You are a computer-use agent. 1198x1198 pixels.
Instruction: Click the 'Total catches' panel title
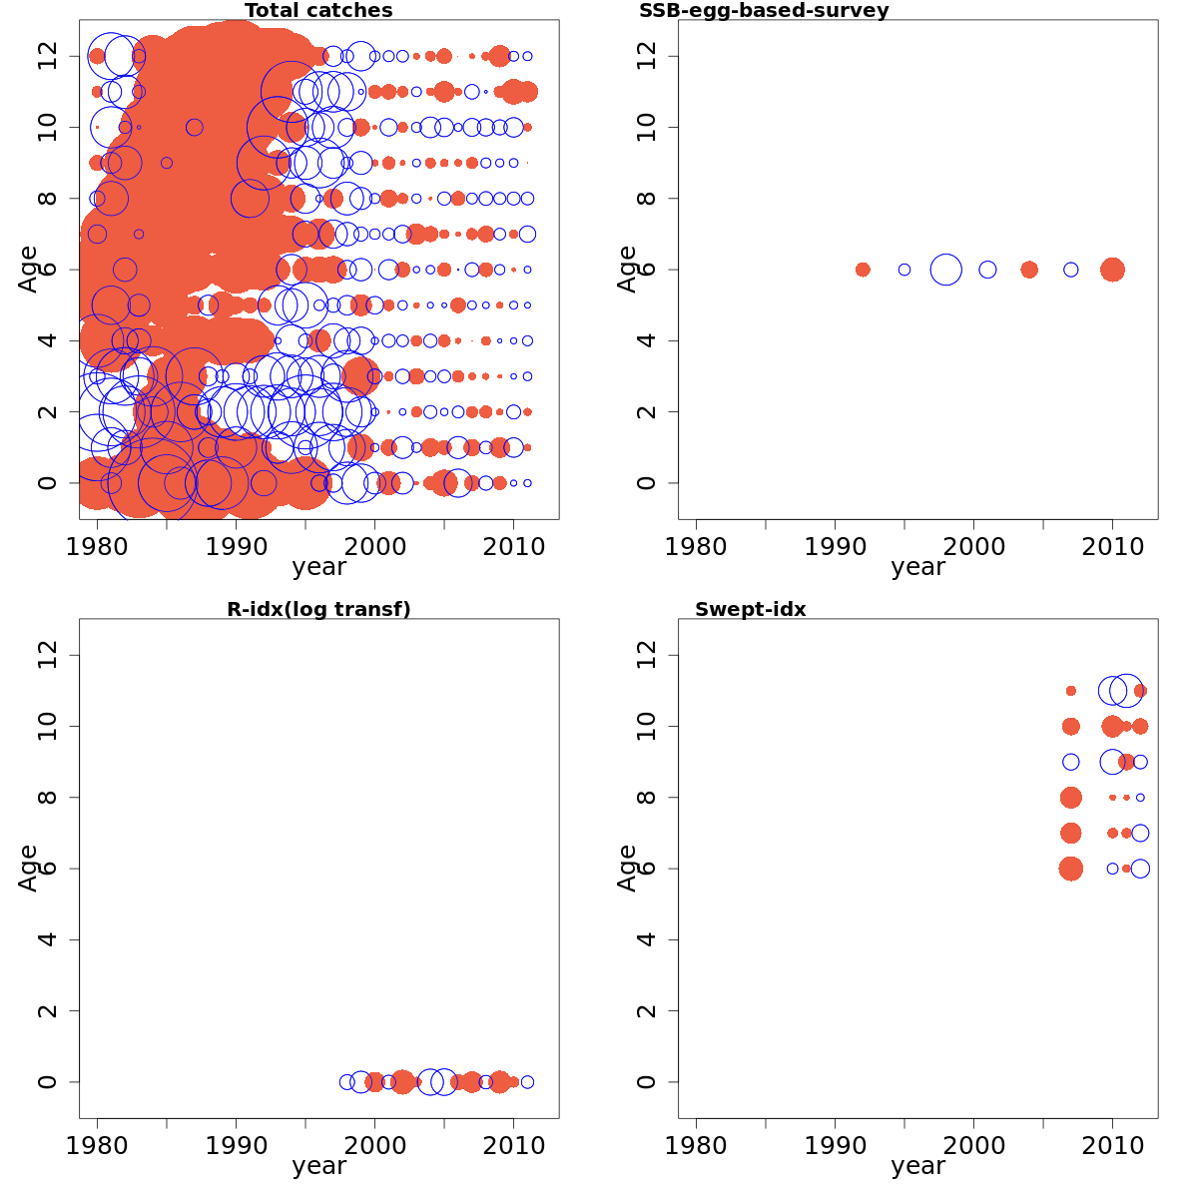(x=318, y=11)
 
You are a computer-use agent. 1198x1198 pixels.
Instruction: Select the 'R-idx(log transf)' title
(x=318, y=609)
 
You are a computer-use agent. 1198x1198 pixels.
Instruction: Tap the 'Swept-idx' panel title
(x=750, y=609)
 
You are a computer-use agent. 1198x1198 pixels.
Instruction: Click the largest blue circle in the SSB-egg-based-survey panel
(x=945, y=270)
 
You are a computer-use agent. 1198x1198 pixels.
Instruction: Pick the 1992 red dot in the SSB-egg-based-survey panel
(x=863, y=270)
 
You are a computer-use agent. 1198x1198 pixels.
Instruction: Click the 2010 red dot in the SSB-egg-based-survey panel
(x=1112, y=270)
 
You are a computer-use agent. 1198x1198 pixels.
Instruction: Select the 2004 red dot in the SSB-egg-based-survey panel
(x=1029, y=270)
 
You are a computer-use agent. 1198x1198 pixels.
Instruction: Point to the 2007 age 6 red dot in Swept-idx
(x=1071, y=869)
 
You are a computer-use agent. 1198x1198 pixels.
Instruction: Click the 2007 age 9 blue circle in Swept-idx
(x=1071, y=762)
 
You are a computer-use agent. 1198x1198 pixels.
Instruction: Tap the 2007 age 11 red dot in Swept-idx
(x=1071, y=691)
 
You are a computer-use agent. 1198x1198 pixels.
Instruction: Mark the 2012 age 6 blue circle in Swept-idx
(x=1140, y=869)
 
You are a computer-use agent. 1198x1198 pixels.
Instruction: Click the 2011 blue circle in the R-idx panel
(x=527, y=1082)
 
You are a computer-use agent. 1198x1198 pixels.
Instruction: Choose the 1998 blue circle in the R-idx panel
(x=347, y=1082)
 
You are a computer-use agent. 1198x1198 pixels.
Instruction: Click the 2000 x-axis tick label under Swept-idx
(x=973, y=1145)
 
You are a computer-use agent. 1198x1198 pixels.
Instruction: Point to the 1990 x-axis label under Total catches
(x=236, y=546)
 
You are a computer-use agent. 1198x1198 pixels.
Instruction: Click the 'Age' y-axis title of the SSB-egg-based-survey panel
(x=627, y=270)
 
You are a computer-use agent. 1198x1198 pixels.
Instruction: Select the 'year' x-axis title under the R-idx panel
(x=318, y=1166)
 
